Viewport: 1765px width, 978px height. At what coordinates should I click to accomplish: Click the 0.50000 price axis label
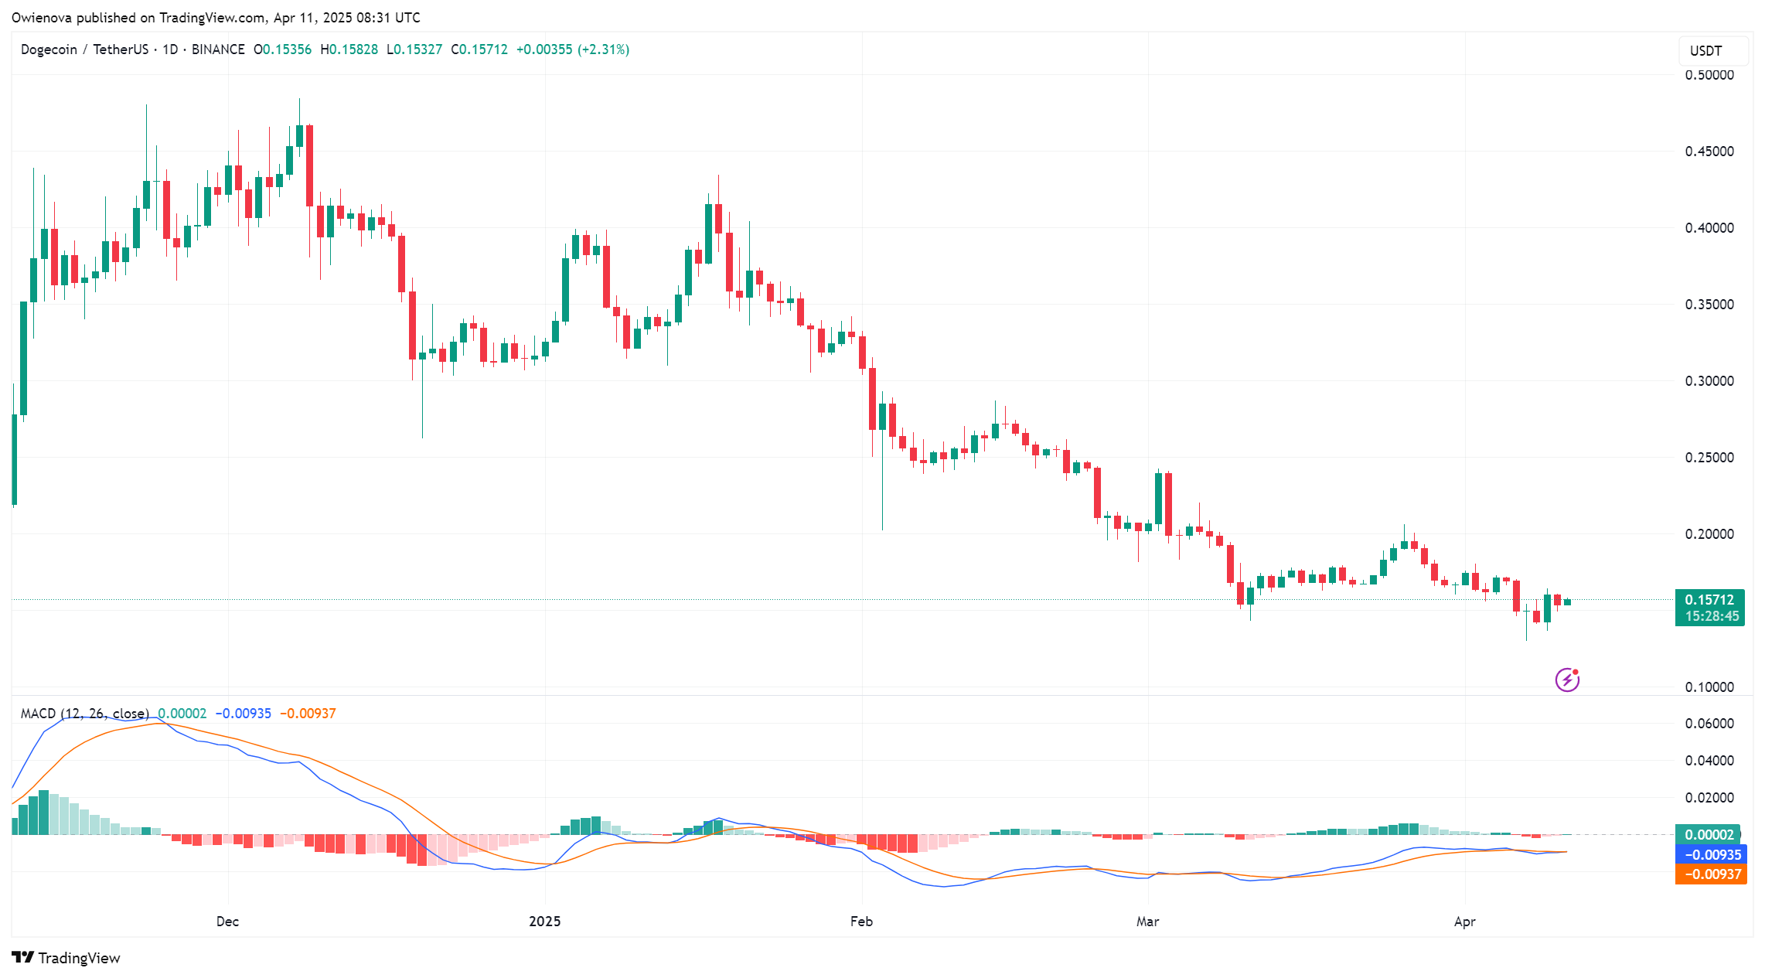point(1709,75)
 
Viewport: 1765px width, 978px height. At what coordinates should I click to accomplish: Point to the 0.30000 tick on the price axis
point(1709,381)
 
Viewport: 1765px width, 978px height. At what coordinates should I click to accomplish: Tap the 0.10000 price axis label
point(1709,687)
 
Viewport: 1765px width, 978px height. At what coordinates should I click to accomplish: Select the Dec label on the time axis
point(227,922)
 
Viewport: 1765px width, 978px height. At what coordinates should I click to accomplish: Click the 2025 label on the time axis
point(544,922)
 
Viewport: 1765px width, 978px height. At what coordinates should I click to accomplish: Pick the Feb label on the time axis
point(861,922)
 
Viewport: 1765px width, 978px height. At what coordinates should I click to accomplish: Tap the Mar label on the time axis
point(1147,922)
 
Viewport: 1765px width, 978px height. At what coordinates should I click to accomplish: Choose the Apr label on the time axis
point(1464,922)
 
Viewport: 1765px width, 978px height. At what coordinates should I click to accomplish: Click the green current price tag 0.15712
point(1709,600)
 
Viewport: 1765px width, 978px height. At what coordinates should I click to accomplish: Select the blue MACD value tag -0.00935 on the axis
point(1711,855)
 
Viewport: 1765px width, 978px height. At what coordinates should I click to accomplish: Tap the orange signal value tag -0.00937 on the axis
point(1711,874)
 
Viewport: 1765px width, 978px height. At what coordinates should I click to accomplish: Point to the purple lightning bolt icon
point(1567,680)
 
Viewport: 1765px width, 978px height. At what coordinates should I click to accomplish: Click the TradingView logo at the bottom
point(66,958)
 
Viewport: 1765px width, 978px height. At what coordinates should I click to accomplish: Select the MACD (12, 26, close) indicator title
point(84,714)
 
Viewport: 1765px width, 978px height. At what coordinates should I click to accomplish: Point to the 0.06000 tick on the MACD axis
point(1709,724)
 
